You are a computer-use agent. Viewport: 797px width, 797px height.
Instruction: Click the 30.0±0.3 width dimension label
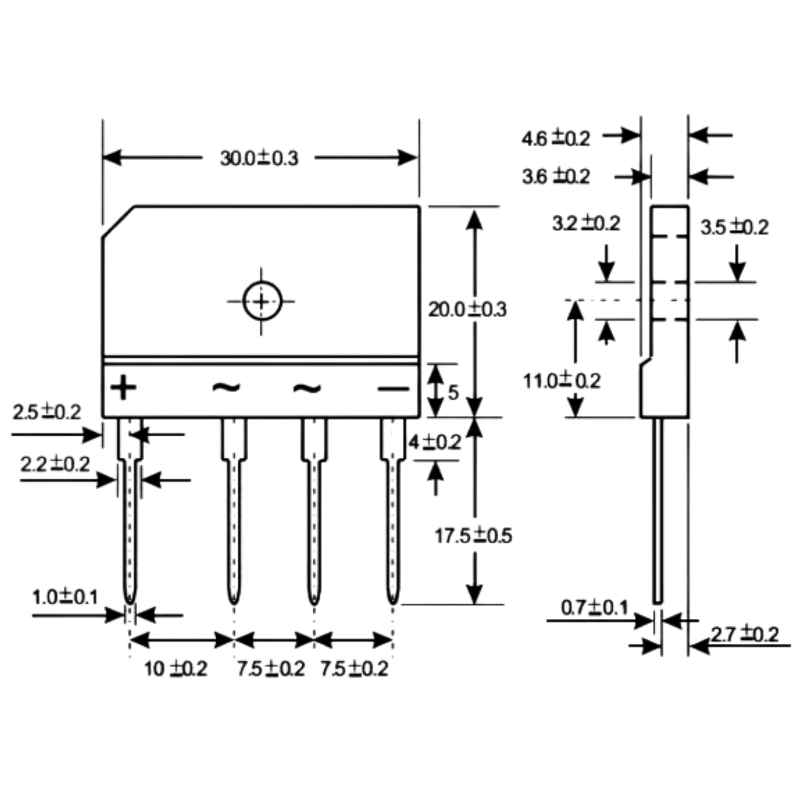[x=259, y=158]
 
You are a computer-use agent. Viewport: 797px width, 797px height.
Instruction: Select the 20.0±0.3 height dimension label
[x=467, y=309]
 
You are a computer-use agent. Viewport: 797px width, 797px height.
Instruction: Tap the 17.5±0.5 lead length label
[x=474, y=536]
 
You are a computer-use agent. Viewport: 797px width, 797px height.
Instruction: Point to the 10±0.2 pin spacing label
[x=176, y=668]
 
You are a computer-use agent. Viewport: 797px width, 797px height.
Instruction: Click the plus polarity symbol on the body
[x=123, y=388]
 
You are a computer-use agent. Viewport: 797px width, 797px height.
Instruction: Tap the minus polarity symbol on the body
[x=393, y=388]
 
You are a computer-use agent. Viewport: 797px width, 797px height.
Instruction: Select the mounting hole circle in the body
[x=262, y=301]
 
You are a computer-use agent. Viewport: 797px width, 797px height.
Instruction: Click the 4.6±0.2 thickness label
[x=555, y=138]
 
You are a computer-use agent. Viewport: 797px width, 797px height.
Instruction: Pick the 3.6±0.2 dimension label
[x=555, y=176]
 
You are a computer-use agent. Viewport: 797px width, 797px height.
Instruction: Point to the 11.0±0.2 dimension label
[x=561, y=381]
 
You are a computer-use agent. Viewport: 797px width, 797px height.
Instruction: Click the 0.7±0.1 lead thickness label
[x=595, y=608]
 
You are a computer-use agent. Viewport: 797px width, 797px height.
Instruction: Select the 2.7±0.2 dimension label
[x=745, y=634]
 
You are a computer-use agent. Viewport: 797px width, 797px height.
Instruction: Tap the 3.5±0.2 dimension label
[x=734, y=227]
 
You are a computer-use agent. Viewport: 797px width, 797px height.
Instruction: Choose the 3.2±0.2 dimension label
[x=586, y=224]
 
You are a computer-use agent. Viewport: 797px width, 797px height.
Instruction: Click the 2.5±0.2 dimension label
[x=47, y=412]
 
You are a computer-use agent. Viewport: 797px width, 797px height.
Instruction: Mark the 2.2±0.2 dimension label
[x=55, y=464]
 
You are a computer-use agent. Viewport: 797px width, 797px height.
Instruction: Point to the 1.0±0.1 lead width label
[x=65, y=597]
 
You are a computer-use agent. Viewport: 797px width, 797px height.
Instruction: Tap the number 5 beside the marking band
[x=453, y=392]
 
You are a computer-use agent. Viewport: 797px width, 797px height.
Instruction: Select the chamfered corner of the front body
[x=119, y=222]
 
